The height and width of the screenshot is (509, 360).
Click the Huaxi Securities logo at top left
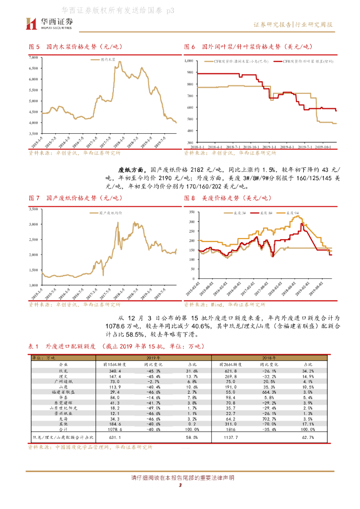pyautogui.click(x=49, y=23)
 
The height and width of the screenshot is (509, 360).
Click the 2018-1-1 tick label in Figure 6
pyautogui.click(x=199, y=148)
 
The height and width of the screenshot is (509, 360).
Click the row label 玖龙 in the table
pyautogui.click(x=63, y=370)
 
